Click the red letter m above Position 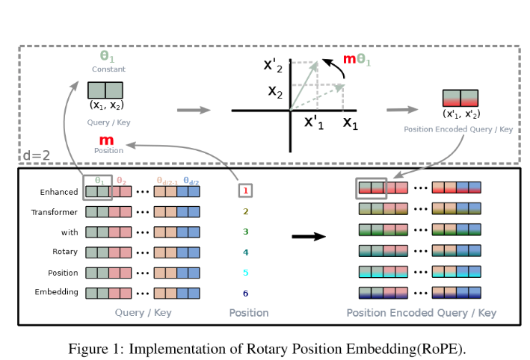106,140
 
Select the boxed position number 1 245,190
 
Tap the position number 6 246,294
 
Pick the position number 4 246,252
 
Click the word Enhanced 59,192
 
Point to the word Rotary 65,252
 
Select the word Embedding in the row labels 57,292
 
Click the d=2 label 37,155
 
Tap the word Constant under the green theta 108,69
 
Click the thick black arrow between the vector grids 309,237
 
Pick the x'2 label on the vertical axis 273,65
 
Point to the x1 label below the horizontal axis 350,122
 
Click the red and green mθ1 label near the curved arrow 357,60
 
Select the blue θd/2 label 191,181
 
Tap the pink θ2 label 121,181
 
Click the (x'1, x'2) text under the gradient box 461,114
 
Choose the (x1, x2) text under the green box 107,105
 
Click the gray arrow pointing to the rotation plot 194,110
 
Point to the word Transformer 54,212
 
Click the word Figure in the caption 88,349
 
